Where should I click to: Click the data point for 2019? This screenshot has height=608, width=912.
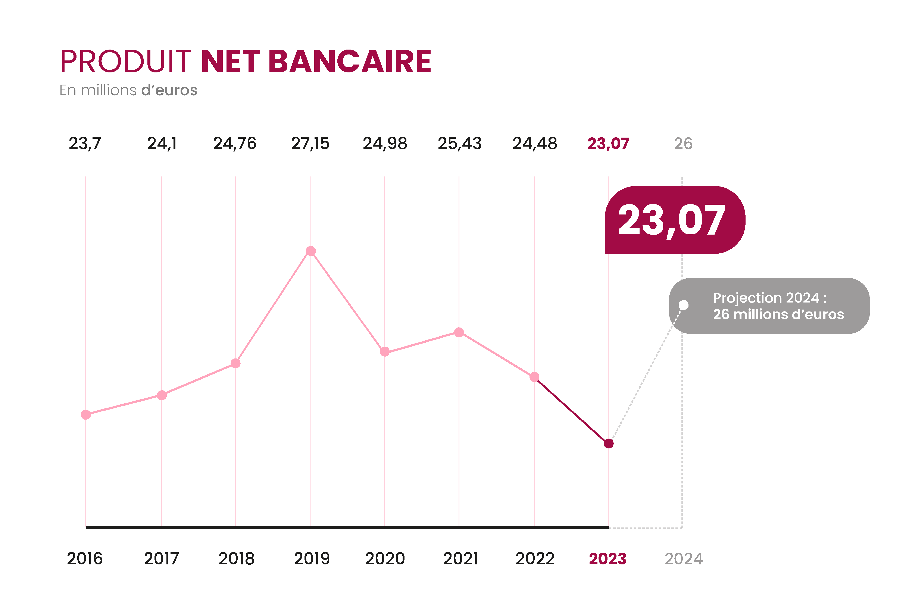tap(311, 251)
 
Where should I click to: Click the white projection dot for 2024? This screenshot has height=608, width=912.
tap(684, 305)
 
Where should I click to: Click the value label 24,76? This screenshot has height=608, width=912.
tap(235, 144)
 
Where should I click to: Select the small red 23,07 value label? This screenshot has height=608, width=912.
tap(608, 144)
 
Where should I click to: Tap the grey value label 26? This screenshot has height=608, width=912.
tap(683, 144)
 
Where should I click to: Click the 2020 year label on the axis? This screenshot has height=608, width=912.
tap(385, 559)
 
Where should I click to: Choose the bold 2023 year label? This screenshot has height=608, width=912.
tap(608, 559)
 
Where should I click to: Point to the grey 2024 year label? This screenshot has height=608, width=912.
tap(684, 559)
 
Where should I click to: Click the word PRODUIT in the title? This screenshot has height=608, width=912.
tap(126, 61)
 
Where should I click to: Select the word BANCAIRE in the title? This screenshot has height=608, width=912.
tap(350, 61)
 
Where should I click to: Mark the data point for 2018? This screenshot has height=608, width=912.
tap(235, 363)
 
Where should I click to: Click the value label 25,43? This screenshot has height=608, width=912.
tap(459, 144)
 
